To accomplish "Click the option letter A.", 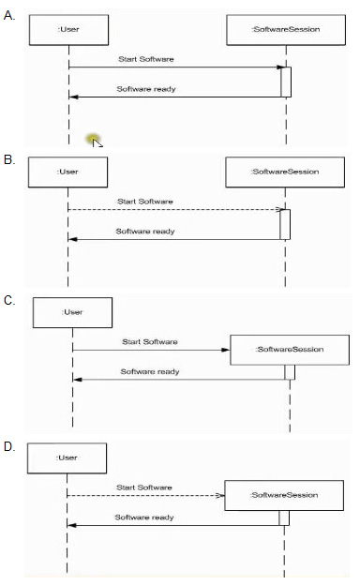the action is tap(9, 16).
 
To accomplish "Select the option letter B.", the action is tap(9, 159).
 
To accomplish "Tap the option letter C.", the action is tap(9, 300).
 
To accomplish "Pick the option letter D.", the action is tap(9, 446).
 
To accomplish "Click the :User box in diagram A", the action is tap(69, 30).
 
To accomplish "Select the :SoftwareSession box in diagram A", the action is tap(286, 30).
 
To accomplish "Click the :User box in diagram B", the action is tap(67, 172).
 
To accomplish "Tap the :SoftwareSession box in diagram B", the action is tap(285, 172).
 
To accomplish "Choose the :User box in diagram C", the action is tap(73, 312).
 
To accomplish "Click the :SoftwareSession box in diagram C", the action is tap(290, 350).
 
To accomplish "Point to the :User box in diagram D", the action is tap(67, 458).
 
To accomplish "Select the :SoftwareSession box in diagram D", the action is tap(284, 495).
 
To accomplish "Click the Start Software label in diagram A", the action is tap(146, 59).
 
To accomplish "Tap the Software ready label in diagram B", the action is tap(145, 232).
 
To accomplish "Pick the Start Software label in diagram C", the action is tap(150, 342).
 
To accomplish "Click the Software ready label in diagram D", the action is tap(144, 517).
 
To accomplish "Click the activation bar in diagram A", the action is tap(286, 82).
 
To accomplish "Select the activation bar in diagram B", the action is tap(285, 224).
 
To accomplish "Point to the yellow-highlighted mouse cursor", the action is tap(95, 141).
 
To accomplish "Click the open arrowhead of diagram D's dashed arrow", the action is tap(220, 495).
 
